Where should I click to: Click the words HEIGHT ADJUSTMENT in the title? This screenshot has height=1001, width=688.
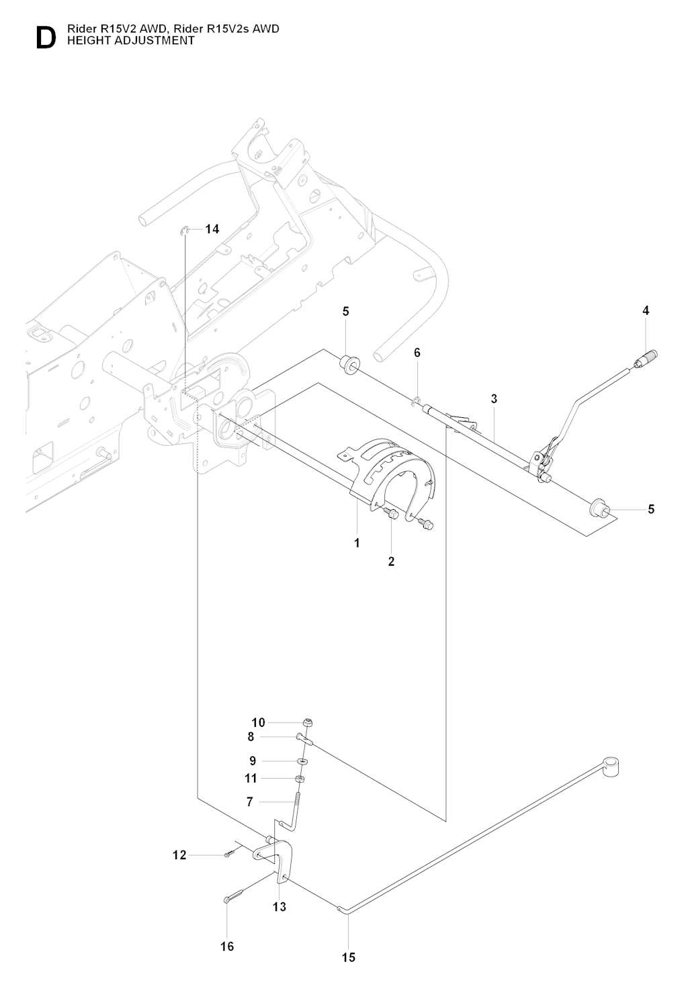click(130, 41)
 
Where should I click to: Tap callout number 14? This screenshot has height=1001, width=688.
click(212, 229)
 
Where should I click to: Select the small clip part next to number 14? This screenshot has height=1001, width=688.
click(185, 230)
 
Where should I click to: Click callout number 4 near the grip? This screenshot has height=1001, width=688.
click(646, 310)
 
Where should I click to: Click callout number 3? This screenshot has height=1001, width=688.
click(494, 398)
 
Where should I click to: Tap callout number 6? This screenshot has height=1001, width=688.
click(417, 353)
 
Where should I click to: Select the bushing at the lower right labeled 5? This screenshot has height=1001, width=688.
click(601, 509)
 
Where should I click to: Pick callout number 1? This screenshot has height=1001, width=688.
click(357, 543)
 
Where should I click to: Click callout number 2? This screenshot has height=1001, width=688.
click(391, 561)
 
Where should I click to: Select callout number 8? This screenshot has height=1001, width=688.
click(251, 736)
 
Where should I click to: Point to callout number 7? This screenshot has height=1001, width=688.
click(250, 801)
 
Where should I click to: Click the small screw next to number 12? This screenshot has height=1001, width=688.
click(228, 855)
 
